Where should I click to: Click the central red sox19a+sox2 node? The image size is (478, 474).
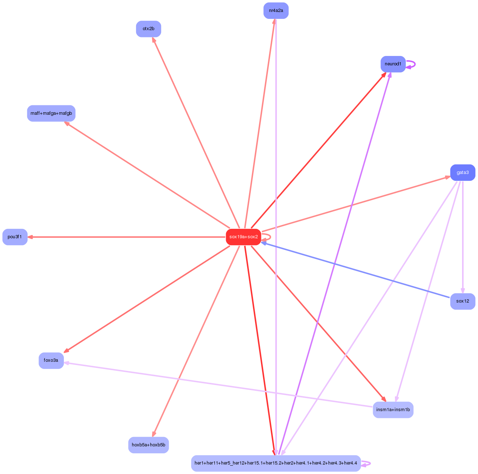pyautogui.click(x=243, y=237)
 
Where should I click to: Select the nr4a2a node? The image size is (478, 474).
pyautogui.click(x=276, y=11)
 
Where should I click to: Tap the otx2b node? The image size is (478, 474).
pyautogui.click(x=148, y=29)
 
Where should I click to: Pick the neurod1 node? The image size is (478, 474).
pyautogui.click(x=393, y=64)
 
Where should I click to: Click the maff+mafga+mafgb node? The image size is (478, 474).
pyautogui.click(x=51, y=113)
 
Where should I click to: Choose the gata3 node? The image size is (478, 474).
pyautogui.click(x=462, y=173)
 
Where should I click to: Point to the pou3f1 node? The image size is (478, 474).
pyautogui.click(x=15, y=237)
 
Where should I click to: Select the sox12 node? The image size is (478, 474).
pyautogui.click(x=462, y=301)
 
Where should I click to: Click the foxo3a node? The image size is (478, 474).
pyautogui.click(x=51, y=360)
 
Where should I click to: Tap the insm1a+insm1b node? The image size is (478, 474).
pyautogui.click(x=393, y=410)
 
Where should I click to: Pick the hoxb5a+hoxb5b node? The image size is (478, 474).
pyautogui.click(x=148, y=445)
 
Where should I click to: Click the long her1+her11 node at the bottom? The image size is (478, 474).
pyautogui.click(x=276, y=463)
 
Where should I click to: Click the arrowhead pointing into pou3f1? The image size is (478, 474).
pyautogui.click(x=30, y=237)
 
